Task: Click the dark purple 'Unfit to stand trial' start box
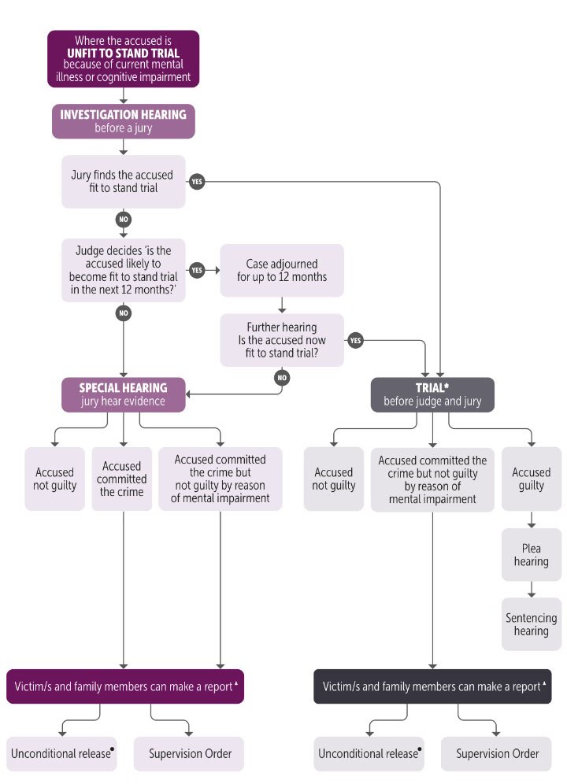pos(124,58)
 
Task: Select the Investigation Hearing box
pos(124,120)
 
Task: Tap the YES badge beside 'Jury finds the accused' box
pos(197,182)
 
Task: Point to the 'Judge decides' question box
pos(124,270)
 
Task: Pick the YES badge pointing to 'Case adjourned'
pos(197,271)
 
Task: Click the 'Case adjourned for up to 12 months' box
pos(282,270)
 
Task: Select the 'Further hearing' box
pos(282,340)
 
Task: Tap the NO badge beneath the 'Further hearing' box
pos(282,377)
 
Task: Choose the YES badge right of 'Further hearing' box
pos(355,340)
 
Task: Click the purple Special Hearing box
pos(124,394)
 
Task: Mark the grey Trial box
pos(432,394)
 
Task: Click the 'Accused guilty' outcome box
pos(531,479)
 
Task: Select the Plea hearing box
pos(531,555)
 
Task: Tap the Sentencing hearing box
pos(531,624)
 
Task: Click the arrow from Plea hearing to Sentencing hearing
pos(531,589)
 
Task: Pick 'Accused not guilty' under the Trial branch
pos(333,479)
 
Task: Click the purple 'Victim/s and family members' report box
pos(125,686)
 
